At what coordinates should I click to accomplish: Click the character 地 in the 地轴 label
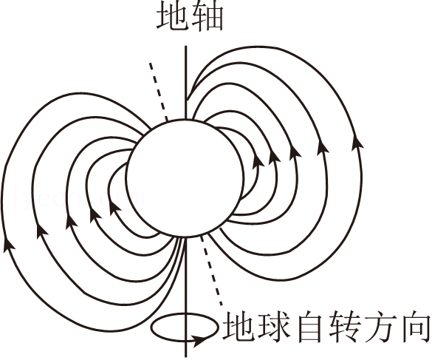pos(173,17)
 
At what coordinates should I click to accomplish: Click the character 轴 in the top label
pos(207,17)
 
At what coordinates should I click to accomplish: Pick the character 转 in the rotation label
pos(345,326)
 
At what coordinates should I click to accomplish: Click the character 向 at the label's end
pos(414,326)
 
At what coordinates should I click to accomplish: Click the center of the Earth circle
pos(185,178)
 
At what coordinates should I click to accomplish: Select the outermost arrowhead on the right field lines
pos(357,141)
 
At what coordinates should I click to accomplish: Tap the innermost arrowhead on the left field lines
pos(114,208)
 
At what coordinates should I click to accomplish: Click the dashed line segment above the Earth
pos(159,92)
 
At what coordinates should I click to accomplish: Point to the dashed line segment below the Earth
pos(212,271)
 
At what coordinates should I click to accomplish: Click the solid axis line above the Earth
pos(186,82)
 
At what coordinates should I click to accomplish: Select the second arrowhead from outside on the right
pos(323,146)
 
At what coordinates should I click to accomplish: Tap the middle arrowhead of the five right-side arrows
pos(295,152)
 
